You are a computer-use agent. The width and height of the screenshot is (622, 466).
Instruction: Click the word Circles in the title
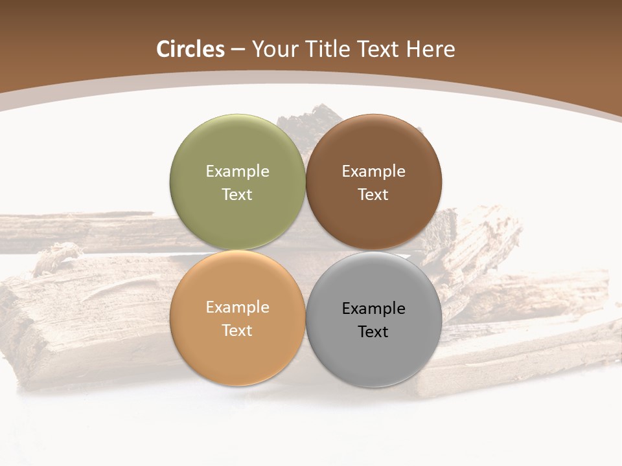point(190,49)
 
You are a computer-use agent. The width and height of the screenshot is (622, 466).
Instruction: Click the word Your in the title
point(272,49)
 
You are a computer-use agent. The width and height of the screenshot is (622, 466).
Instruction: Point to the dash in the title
point(238,50)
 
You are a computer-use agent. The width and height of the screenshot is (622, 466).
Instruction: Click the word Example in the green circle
point(237,171)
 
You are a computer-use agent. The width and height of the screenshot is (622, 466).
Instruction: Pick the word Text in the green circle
point(237,194)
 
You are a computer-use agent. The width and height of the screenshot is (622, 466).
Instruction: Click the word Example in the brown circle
point(373,171)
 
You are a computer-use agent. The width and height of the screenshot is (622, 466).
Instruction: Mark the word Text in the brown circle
point(373,194)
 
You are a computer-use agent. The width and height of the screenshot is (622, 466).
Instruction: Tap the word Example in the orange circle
point(237,307)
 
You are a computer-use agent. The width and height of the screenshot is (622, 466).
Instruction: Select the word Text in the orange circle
point(237,330)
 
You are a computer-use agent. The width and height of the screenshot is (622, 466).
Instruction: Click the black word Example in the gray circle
point(373,308)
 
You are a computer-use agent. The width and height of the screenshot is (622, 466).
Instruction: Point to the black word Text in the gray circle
point(373,331)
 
